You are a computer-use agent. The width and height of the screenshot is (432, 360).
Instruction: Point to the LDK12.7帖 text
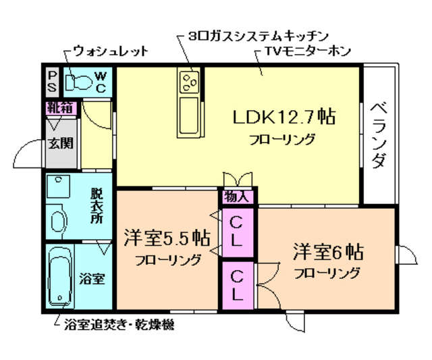click(284, 117)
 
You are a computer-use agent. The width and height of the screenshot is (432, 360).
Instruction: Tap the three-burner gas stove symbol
click(189, 83)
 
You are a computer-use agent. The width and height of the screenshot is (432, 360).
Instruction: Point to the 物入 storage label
click(237, 197)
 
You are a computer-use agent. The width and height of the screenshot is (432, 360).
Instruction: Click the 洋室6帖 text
click(328, 253)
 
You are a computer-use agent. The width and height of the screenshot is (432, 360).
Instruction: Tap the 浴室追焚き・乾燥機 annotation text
click(118, 326)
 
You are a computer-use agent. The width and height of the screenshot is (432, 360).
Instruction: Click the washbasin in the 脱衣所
click(59, 219)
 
